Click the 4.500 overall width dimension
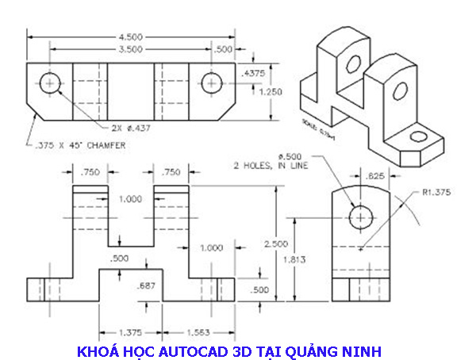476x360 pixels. (x=131, y=36)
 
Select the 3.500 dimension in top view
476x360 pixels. (x=131, y=49)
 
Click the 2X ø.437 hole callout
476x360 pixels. (x=131, y=127)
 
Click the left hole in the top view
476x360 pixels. (x=52, y=82)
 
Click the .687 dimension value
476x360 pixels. (x=145, y=285)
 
